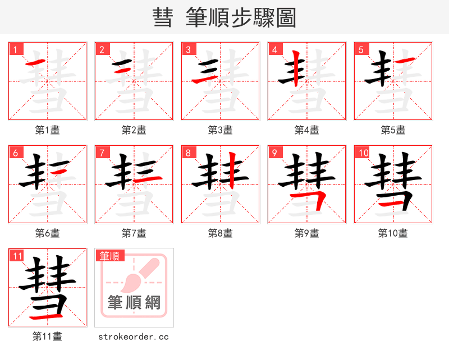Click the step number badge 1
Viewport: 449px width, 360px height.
pos(16,49)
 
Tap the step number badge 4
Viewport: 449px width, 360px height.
pos(275,49)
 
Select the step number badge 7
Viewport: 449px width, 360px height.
pos(102,153)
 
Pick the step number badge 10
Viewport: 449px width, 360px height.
pos(363,153)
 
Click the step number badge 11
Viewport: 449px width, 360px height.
pos(17,256)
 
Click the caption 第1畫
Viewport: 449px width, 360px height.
pos(48,130)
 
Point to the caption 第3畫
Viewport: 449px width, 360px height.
pos(221,130)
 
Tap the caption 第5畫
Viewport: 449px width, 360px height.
pos(393,130)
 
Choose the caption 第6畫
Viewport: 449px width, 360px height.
pos(48,233)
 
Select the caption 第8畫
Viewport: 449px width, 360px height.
pos(221,233)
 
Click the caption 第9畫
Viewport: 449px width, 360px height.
pos(307,233)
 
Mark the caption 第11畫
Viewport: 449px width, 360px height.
pos(48,336)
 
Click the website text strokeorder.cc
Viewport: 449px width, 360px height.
pos(134,336)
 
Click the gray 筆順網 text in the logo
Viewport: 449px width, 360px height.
pos(134,303)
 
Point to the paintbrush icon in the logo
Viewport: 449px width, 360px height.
pos(135,275)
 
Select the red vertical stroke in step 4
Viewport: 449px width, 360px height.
pos(295,68)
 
